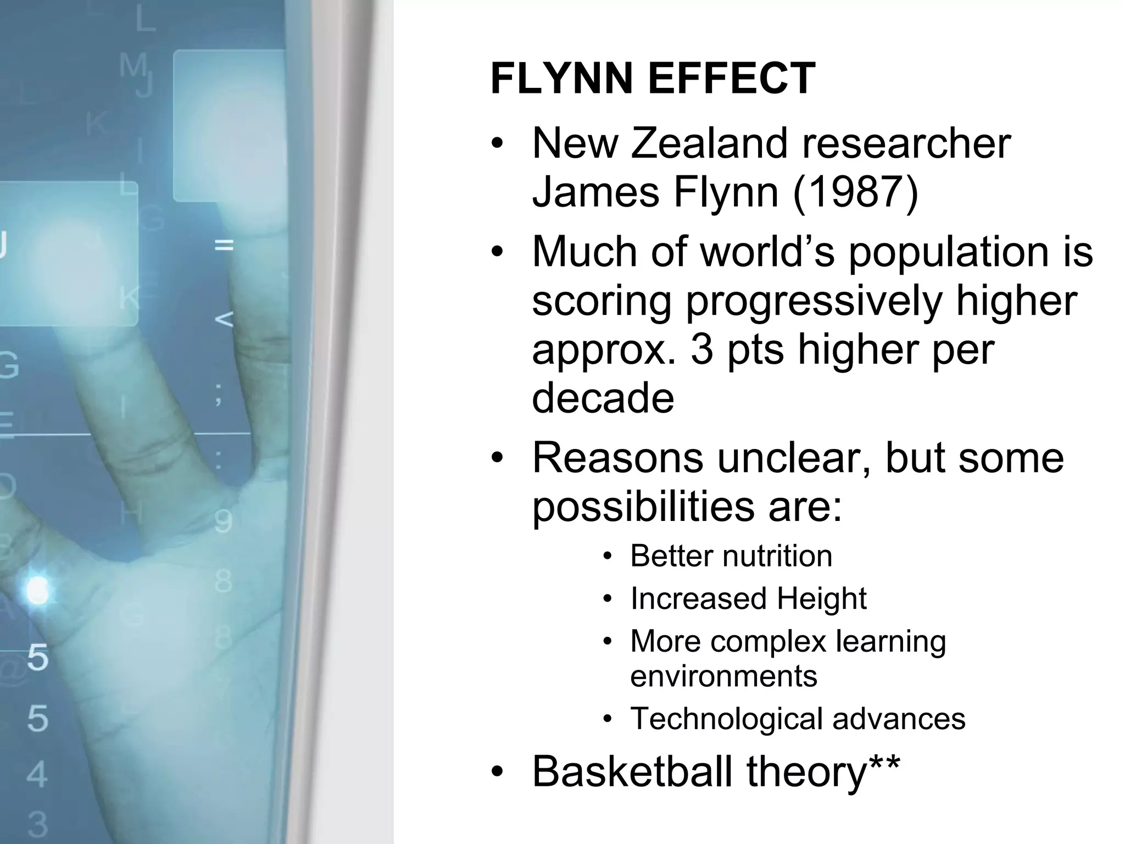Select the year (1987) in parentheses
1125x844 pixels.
(x=855, y=192)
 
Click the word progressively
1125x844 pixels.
(x=814, y=301)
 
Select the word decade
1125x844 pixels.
(x=603, y=398)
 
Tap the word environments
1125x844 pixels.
(x=723, y=675)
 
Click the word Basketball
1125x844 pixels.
(x=632, y=771)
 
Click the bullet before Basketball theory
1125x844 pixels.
(x=497, y=773)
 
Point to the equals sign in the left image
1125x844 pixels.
(x=224, y=245)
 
